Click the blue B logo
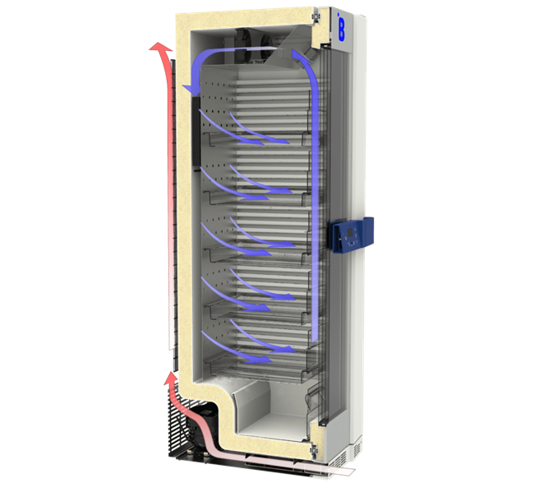pyautogui.click(x=340, y=29)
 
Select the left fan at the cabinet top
pyautogui.click(x=249, y=42)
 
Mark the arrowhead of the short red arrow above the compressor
pyautogui.click(x=171, y=380)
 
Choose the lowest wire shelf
pyautogui.click(x=255, y=362)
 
